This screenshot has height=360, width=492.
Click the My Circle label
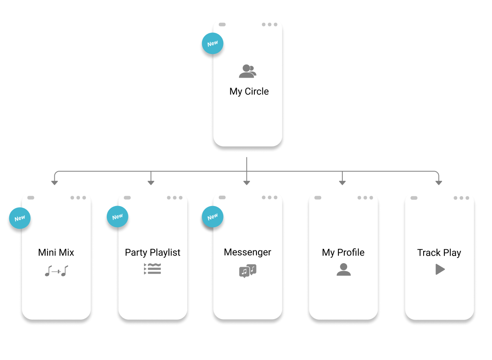249,92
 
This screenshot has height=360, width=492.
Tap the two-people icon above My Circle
248,71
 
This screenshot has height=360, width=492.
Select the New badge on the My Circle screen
213,44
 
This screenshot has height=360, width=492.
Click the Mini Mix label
56,252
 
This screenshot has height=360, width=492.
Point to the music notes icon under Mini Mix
56,271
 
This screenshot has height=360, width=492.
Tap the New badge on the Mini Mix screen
20,218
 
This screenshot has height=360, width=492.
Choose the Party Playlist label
153,252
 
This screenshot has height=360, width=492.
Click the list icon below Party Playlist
152,269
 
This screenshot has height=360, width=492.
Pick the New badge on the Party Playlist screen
118,216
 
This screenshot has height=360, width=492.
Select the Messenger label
248,252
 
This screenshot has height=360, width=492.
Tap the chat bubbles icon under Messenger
248,271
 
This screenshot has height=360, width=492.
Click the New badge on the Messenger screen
213,217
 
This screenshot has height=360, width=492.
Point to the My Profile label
343,252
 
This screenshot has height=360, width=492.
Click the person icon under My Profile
344,270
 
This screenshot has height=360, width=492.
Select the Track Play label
439,253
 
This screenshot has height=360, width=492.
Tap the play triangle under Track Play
440,269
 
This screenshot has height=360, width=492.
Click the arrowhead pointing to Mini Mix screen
54,183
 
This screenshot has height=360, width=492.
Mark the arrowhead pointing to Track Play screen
439,183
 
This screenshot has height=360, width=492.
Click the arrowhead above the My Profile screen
342,183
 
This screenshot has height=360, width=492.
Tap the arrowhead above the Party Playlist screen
151,183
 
